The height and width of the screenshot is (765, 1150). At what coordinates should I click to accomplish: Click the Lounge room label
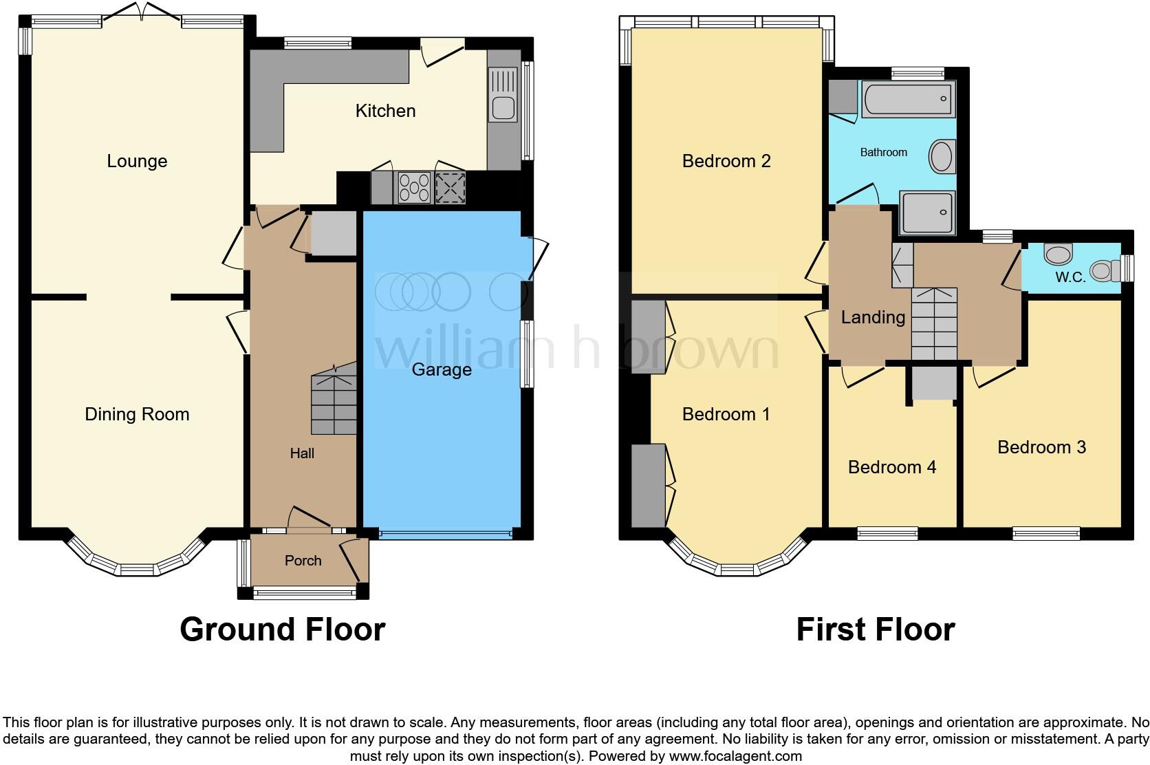pos(137,161)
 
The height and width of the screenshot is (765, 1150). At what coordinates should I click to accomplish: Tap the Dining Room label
pos(137,414)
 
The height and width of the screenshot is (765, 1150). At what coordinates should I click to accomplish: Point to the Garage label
pos(442,369)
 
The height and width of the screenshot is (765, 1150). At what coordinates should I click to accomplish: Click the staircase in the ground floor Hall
pos(334,402)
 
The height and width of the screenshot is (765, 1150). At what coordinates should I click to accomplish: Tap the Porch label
pos(303,561)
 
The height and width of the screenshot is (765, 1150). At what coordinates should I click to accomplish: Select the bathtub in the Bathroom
pos(908,98)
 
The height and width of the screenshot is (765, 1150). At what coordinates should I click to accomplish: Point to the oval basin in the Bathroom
pos(941,157)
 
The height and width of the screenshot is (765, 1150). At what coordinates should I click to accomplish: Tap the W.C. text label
pos(1070,277)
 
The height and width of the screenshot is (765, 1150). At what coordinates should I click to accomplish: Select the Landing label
pos(873,317)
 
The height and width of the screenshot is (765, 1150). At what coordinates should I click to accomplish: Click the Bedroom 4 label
pos(891,467)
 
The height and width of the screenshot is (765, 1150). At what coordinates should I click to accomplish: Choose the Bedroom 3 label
pos(1041,447)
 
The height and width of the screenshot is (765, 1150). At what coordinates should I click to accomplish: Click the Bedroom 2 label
pos(726,161)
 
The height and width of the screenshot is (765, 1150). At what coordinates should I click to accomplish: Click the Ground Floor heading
pos(282,629)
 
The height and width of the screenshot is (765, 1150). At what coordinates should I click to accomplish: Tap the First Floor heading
pos(875,629)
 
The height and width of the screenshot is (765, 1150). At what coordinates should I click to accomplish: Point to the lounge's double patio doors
pos(142,11)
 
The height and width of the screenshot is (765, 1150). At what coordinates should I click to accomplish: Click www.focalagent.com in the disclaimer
pos(735,756)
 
